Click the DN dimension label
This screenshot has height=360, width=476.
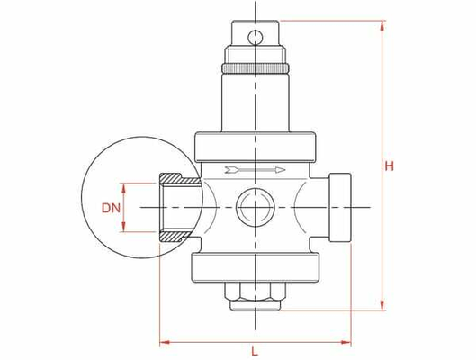[111, 208]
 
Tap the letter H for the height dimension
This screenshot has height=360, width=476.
[390, 166]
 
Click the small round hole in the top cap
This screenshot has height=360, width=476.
[255, 37]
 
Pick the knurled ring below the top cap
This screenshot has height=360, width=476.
[255, 68]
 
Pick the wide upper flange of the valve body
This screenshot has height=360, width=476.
[255, 144]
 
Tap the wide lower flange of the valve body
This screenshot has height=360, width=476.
[255, 265]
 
